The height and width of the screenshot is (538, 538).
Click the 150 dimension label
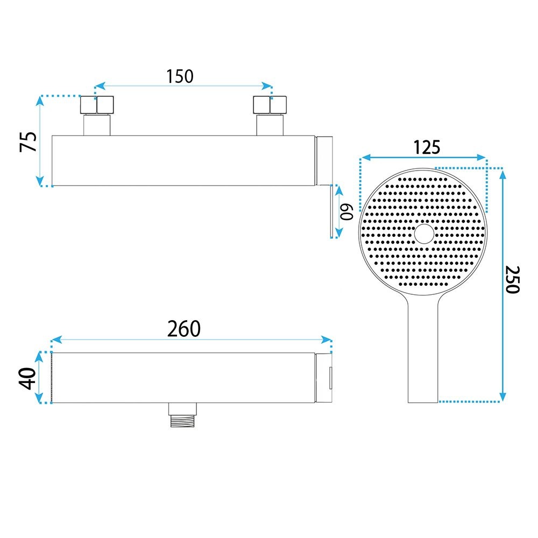[x=180, y=76]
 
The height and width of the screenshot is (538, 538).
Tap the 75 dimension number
[x=28, y=141]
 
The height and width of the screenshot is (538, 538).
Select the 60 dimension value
[x=346, y=211]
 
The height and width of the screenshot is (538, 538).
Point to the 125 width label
[x=427, y=147]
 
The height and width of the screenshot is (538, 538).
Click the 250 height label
[x=512, y=279]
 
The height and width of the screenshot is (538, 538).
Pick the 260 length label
[x=184, y=329]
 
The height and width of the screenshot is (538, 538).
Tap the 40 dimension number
[x=27, y=378]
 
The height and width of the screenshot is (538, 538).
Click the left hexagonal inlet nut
[x=97, y=105]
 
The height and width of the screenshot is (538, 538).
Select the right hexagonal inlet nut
[x=270, y=105]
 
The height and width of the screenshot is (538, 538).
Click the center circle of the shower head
[x=424, y=234]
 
